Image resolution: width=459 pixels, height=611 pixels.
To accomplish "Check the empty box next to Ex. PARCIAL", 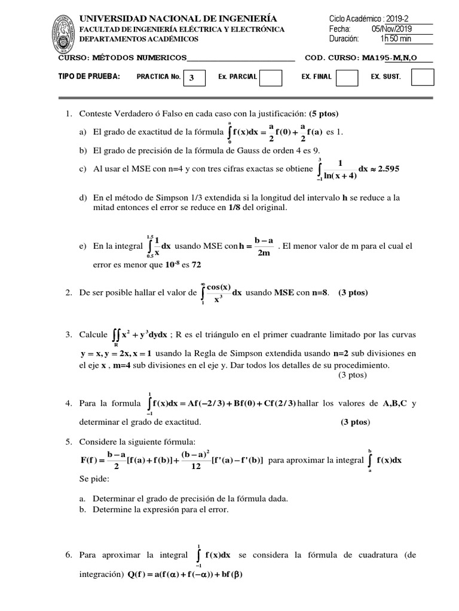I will click(271, 78).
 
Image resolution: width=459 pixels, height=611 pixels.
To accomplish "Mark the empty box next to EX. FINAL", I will click(347, 78).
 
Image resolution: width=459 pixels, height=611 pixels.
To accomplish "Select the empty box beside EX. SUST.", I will click(423, 78).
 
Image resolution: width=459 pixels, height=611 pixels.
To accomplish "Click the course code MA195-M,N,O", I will click(387, 58).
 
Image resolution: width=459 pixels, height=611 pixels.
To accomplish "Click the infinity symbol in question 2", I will click(204, 284).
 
